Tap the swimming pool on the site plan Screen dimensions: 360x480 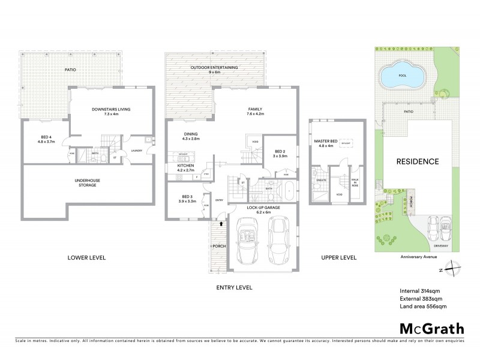[x=403, y=75]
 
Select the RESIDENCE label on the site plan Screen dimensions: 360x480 [x=417, y=161]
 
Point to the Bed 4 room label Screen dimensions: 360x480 [x=46, y=139]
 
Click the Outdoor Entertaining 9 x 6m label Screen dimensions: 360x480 [x=214, y=70]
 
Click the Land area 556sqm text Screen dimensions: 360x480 [x=422, y=306]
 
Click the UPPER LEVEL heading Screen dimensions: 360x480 [x=338, y=257]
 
